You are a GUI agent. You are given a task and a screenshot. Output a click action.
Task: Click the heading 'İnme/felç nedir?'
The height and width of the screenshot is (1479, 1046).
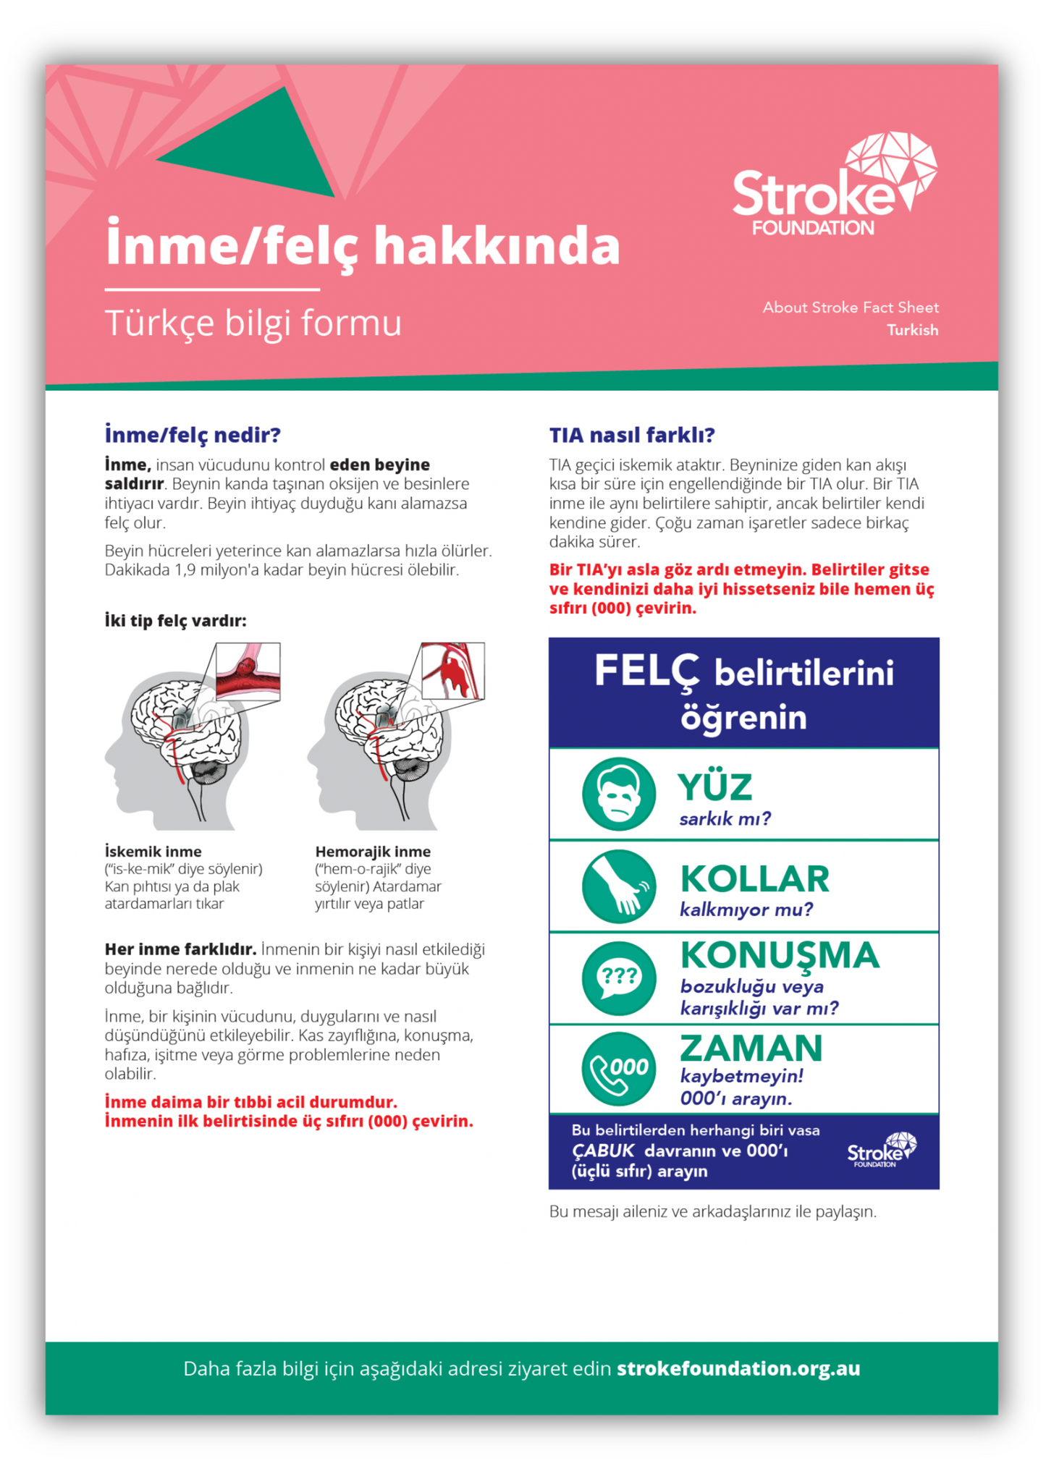tap(193, 435)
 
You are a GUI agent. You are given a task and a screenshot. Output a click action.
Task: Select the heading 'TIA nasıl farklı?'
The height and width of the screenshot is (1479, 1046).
tap(631, 435)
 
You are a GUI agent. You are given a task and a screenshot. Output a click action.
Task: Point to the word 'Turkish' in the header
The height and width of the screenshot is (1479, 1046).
tap(912, 330)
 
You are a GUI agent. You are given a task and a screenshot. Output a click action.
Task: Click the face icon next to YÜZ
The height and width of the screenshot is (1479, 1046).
tap(618, 794)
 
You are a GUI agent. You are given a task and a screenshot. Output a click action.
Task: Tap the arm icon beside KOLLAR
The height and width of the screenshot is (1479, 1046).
tap(618, 886)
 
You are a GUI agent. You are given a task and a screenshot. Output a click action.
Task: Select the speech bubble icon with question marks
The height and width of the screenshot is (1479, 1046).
tap(618, 978)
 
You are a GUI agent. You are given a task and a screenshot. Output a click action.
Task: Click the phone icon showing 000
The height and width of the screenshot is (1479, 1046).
tap(618, 1069)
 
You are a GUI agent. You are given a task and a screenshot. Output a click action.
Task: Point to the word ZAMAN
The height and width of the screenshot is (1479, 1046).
tap(751, 1048)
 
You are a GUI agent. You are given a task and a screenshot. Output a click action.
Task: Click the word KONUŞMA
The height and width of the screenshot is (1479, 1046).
tap(780, 955)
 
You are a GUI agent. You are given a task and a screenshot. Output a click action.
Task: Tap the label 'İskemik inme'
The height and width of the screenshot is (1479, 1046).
tap(153, 852)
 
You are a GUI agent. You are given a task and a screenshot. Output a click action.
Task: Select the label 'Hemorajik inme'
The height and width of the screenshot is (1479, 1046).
tap(373, 852)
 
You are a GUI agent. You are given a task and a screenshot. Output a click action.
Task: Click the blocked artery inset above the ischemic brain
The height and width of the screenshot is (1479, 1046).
tap(248, 672)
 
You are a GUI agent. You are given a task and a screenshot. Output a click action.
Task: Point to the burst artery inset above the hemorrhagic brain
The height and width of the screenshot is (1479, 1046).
tap(452, 671)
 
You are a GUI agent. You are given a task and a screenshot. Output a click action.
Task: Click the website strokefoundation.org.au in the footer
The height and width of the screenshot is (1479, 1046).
tap(738, 1368)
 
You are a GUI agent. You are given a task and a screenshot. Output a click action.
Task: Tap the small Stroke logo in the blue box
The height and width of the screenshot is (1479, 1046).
tap(881, 1150)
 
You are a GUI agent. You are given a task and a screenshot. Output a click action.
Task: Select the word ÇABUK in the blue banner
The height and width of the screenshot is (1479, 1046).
tap(603, 1150)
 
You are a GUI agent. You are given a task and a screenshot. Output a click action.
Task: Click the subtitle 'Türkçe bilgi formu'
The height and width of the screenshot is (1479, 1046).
tap(253, 323)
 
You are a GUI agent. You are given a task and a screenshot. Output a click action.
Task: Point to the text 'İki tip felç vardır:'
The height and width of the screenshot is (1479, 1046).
tap(176, 620)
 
